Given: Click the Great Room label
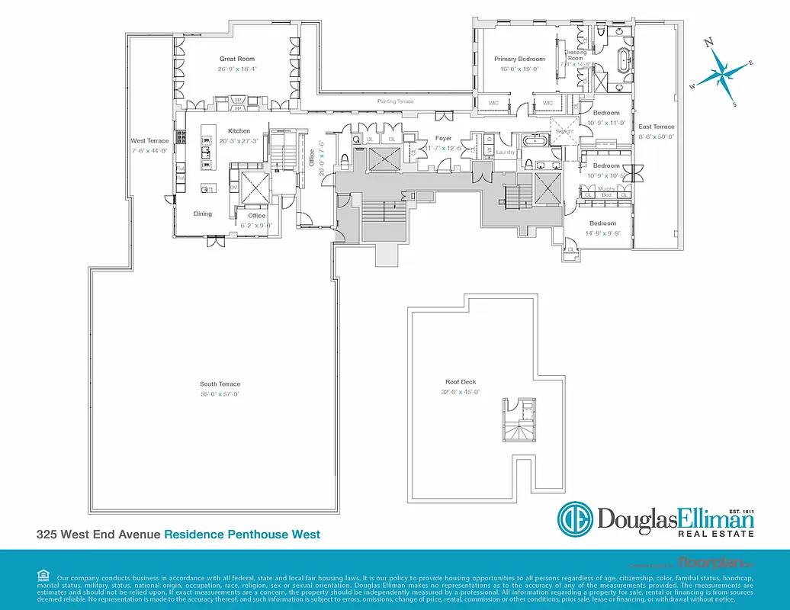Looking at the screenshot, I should click(x=237, y=59).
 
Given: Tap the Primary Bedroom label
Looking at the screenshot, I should click(x=519, y=59).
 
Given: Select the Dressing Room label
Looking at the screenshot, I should click(x=575, y=56).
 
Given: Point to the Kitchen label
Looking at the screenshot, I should click(x=239, y=131).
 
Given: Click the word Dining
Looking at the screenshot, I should click(x=203, y=214).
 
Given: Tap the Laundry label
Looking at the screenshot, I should click(x=506, y=152).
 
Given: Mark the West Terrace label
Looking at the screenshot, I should click(x=149, y=141).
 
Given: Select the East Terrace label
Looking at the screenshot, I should click(x=656, y=127).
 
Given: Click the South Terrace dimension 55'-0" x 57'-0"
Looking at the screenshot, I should click(x=220, y=394).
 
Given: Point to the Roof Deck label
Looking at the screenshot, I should click(x=461, y=382).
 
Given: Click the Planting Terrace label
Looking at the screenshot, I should click(x=395, y=101).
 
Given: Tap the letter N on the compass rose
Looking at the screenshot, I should click(x=708, y=43).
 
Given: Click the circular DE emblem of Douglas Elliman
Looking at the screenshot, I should click(x=575, y=520).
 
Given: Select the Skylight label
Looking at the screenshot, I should click(x=564, y=130).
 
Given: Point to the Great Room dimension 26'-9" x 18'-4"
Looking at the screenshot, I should click(x=237, y=69).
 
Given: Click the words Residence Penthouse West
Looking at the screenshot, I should click(x=242, y=535).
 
